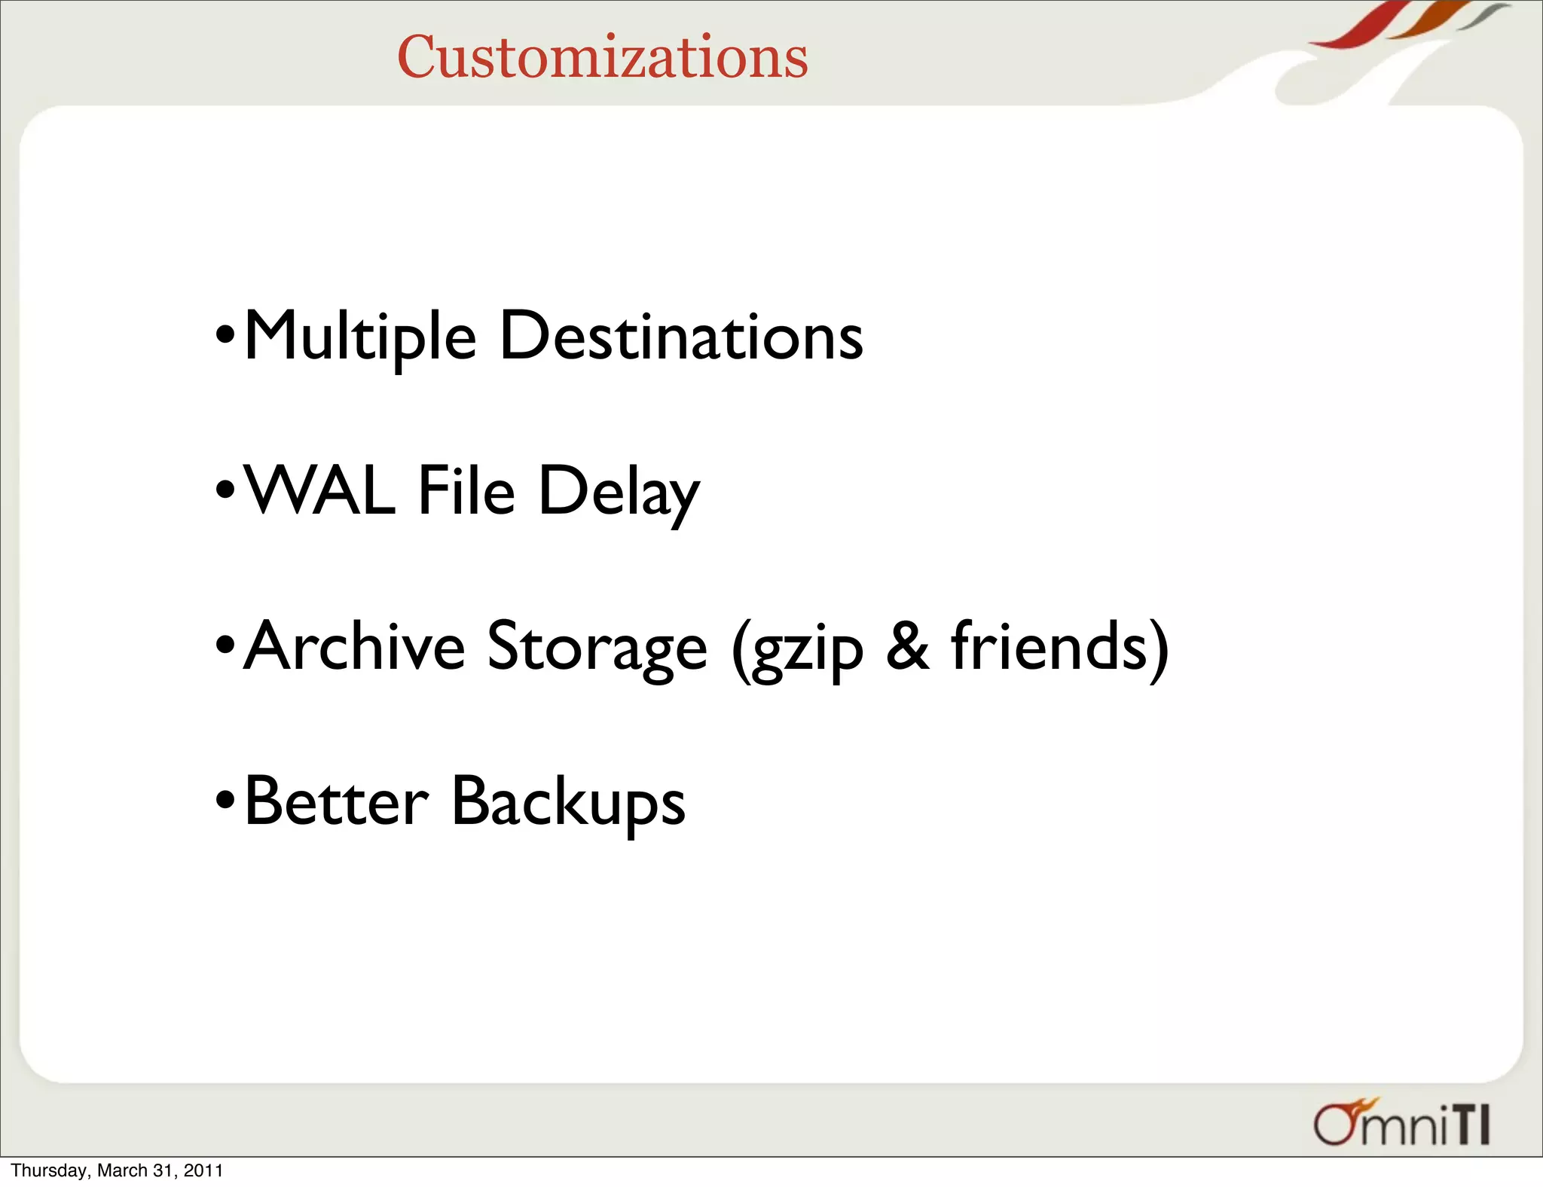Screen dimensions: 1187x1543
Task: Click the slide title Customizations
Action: click(602, 57)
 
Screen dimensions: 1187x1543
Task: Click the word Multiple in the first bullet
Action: click(360, 336)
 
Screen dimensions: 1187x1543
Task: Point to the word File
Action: click(466, 491)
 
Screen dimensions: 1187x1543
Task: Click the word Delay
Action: click(619, 493)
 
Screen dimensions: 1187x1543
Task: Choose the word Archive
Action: click(355, 646)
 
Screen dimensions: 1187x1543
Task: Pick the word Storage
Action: click(597, 648)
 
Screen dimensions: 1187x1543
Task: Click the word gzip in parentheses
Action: click(806, 649)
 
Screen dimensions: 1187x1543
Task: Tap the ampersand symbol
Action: click(907, 646)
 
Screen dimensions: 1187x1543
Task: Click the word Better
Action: click(337, 801)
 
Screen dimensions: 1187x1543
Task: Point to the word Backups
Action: click(568, 803)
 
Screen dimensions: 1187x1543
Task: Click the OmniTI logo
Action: click(1401, 1123)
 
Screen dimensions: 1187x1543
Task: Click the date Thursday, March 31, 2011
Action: click(117, 1170)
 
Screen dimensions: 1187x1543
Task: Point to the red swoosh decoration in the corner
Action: click(1356, 30)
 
